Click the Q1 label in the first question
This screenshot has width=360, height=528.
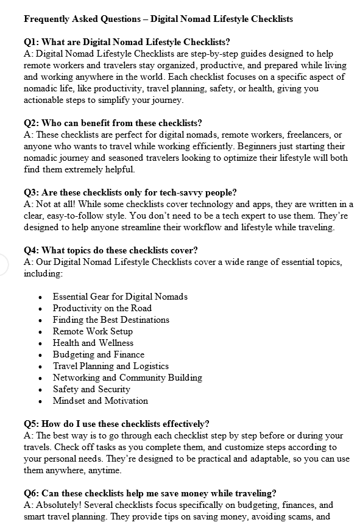[32, 42]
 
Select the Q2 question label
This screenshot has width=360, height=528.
[32, 123]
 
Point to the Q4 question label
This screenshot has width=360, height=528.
[32, 250]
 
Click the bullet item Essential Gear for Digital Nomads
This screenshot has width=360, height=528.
[120, 297]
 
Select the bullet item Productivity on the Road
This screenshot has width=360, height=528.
[102, 308]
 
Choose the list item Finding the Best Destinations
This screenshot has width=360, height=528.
[111, 320]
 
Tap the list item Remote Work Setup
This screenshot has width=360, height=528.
[93, 331]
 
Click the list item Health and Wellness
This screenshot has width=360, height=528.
[93, 343]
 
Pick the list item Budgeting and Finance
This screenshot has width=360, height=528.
[99, 354]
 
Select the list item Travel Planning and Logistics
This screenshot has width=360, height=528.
[111, 366]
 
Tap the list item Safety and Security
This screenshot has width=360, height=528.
[91, 389]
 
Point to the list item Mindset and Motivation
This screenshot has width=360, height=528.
[101, 401]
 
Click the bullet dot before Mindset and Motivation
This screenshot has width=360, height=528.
[40, 401]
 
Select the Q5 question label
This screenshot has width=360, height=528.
[32, 424]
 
